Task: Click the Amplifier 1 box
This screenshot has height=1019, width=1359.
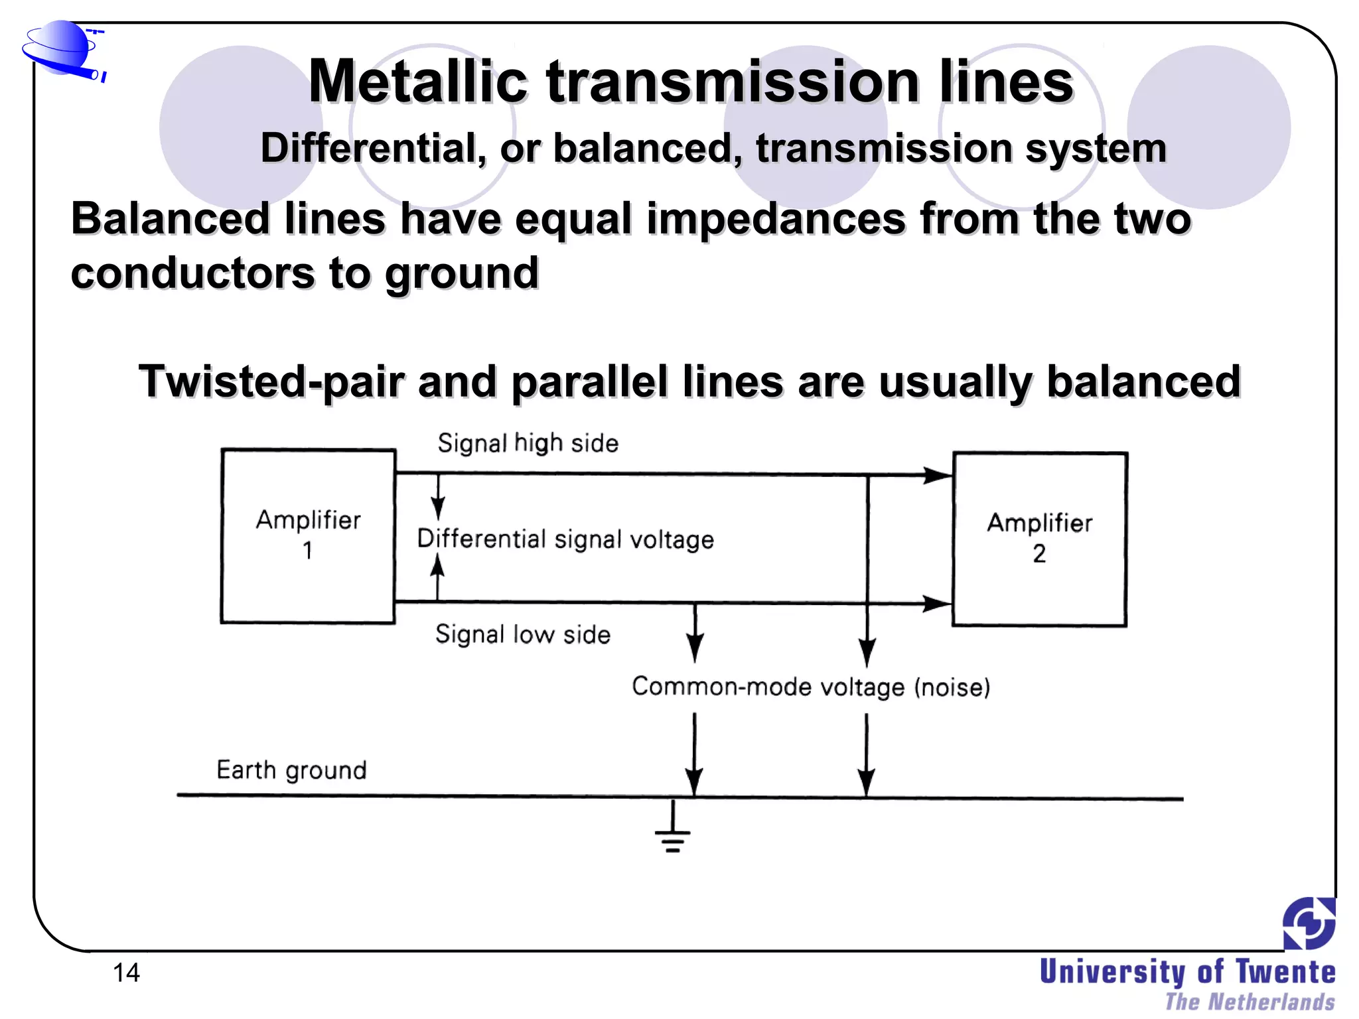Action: click(x=308, y=536)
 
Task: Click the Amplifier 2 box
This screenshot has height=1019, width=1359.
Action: click(x=1039, y=539)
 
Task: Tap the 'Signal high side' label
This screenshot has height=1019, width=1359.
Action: click(x=528, y=443)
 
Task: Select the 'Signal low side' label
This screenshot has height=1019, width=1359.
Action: click(x=522, y=634)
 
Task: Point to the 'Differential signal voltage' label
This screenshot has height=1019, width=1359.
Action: click(x=565, y=539)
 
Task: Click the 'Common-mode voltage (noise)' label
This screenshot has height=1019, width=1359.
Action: click(x=810, y=687)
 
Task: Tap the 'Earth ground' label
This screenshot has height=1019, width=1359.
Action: click(x=291, y=770)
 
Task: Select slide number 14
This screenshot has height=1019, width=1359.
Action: click(x=126, y=973)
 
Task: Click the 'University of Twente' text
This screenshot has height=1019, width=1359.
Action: click(x=1187, y=972)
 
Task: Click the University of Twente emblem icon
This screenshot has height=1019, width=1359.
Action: click(x=1309, y=923)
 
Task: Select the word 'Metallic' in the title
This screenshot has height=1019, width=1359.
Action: click(x=418, y=82)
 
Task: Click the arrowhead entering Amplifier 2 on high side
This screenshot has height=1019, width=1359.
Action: click(x=938, y=475)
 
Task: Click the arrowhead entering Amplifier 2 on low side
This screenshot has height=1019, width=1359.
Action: click(x=937, y=603)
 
